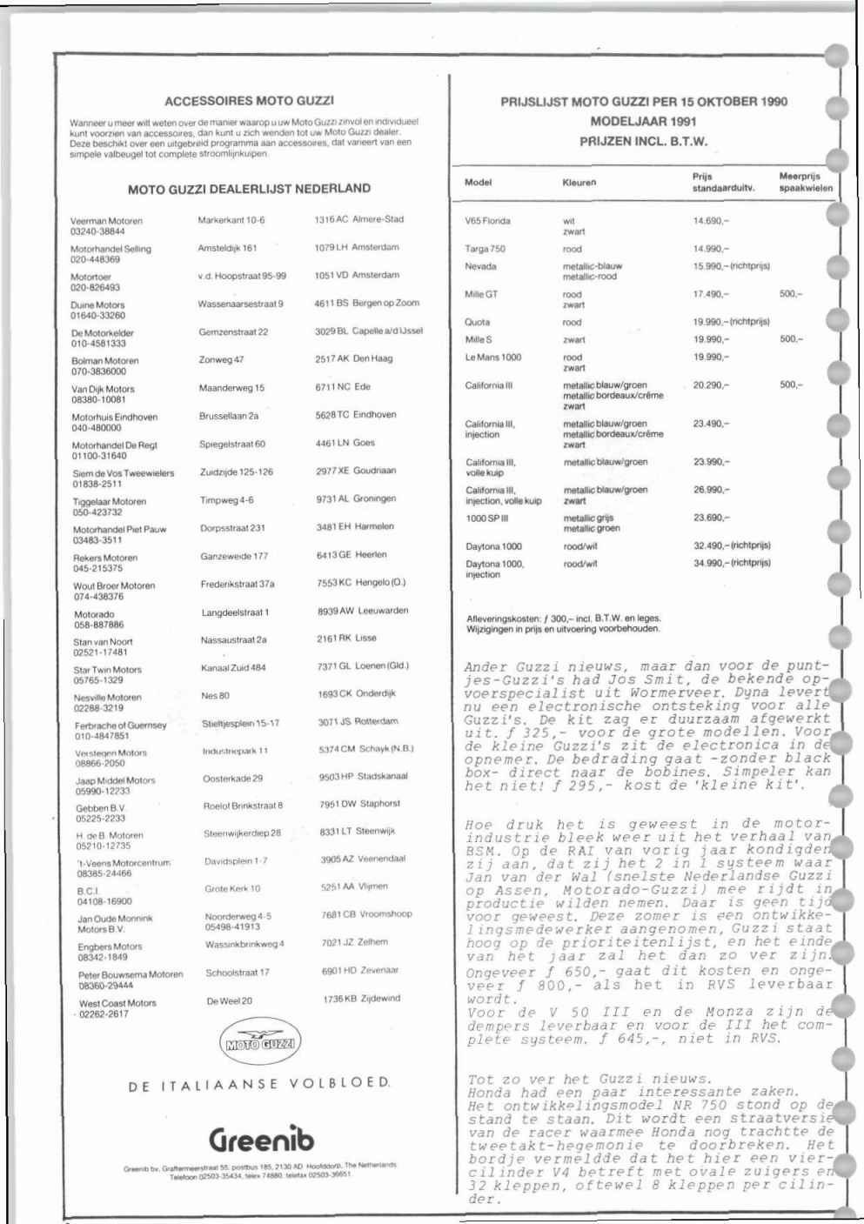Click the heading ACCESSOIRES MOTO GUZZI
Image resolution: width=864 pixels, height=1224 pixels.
click(250, 101)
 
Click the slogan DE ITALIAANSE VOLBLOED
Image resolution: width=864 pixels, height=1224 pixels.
click(259, 1084)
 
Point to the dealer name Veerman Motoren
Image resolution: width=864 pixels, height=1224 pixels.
click(106, 221)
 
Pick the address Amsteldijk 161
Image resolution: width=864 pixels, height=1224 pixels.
click(227, 248)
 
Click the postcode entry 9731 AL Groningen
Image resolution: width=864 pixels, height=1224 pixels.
click(357, 498)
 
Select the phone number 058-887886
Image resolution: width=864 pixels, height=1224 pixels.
click(99, 625)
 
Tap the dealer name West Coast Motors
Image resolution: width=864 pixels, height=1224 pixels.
click(117, 1003)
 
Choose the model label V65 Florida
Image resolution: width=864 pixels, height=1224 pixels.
click(487, 221)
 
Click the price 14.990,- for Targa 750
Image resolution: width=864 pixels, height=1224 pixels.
click(711, 249)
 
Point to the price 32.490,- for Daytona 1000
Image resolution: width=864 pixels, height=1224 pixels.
click(711, 545)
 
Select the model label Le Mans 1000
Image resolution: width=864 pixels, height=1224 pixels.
click(493, 358)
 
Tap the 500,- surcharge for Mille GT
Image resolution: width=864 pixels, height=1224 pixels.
click(791, 294)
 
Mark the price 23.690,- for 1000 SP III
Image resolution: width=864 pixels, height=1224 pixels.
click(711, 518)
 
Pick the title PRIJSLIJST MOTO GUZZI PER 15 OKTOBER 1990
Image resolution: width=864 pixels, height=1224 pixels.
click(644, 102)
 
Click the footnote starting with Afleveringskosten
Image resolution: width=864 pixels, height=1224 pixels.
click(564, 624)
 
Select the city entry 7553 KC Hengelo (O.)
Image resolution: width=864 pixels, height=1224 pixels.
click(361, 582)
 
